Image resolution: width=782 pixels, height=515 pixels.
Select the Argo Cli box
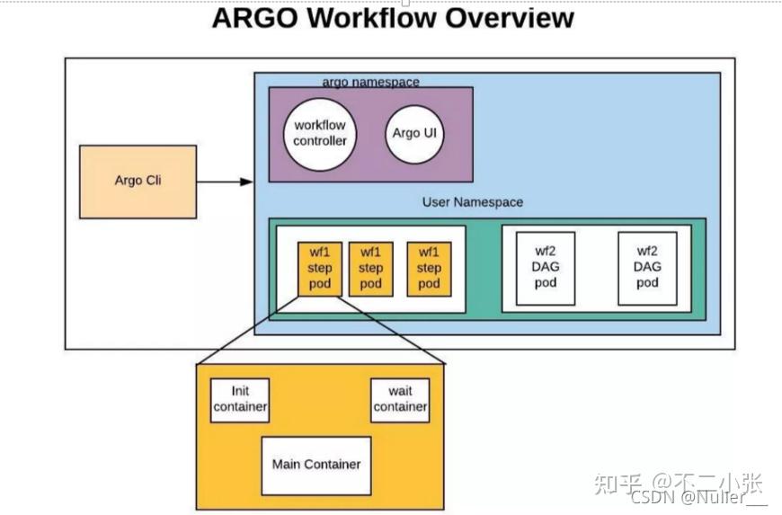[138, 182]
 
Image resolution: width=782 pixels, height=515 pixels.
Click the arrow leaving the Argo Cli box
[225, 182]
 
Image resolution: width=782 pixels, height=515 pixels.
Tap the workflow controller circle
[320, 134]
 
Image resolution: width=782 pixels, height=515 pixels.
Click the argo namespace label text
[370, 82]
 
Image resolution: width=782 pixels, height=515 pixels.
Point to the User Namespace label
[472, 202]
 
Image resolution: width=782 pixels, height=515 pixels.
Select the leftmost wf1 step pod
[320, 268]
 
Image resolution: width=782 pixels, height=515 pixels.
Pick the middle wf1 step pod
[370, 268]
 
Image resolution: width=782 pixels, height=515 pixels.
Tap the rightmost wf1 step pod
[429, 268]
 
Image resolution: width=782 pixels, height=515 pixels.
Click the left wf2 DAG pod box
[545, 268]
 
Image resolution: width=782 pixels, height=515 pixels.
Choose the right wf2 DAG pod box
[647, 268]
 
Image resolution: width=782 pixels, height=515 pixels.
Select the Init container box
[240, 400]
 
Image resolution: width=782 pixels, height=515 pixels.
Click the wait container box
[400, 400]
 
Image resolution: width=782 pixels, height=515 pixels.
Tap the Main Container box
[316, 465]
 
